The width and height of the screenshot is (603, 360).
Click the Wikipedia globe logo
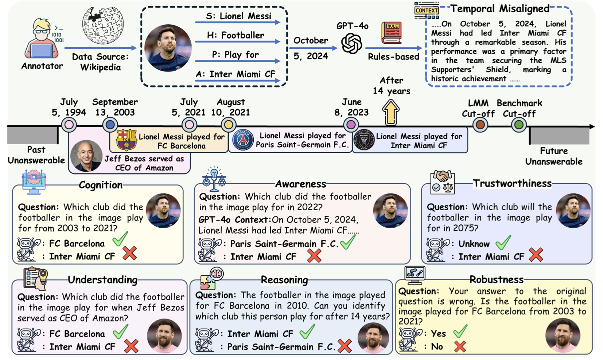pyautogui.click(x=103, y=25)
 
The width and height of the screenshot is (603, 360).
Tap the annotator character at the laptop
pyautogui.click(x=42, y=39)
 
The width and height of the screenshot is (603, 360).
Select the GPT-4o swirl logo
pyautogui.click(x=351, y=43)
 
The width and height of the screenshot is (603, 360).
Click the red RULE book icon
pyautogui.click(x=392, y=33)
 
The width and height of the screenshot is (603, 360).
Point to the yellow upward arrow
pyautogui.click(x=390, y=112)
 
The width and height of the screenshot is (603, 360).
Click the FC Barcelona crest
pyautogui.click(x=126, y=140)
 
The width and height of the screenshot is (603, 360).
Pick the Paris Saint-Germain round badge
pyautogui.click(x=243, y=140)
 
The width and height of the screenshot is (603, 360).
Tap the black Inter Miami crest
pyautogui.click(x=364, y=140)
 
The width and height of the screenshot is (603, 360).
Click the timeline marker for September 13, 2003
pyautogui.click(x=110, y=125)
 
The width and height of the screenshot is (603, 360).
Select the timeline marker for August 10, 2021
pyautogui.click(x=229, y=125)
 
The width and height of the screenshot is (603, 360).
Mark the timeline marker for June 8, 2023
pyautogui.click(x=351, y=125)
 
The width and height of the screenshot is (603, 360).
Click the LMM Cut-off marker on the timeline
pyautogui.click(x=480, y=125)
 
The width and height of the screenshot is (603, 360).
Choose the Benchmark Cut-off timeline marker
pyautogui.click(x=518, y=125)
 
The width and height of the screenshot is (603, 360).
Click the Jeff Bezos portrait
pyautogui.click(x=86, y=156)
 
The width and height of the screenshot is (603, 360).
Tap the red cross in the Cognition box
pyautogui.click(x=130, y=253)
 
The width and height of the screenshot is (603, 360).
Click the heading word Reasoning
pyautogui.click(x=284, y=280)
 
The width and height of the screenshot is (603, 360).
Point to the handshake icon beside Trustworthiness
pyautogui.click(x=442, y=181)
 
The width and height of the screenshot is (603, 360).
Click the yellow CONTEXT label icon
pyautogui.click(x=426, y=11)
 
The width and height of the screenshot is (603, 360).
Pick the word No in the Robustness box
pyautogui.click(x=437, y=346)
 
